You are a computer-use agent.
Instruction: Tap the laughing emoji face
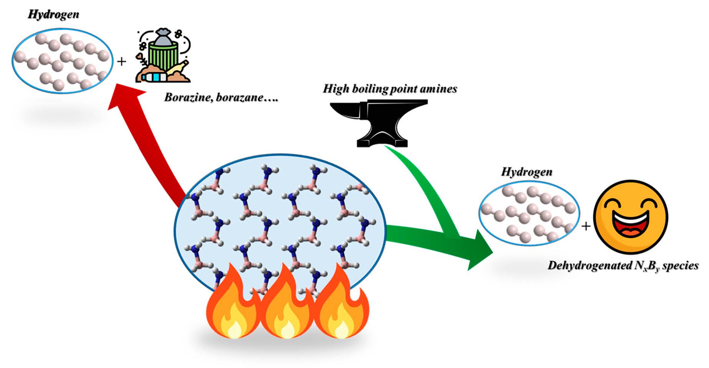[x=630, y=217]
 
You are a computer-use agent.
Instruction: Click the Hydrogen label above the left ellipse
[x=53, y=15]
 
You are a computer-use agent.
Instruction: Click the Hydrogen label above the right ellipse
[x=527, y=172]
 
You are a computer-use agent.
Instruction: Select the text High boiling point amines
[x=390, y=89]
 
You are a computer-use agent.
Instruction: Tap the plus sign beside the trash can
[x=122, y=61]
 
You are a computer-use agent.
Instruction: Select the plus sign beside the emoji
[x=586, y=226]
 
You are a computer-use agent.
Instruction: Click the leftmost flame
[x=233, y=307]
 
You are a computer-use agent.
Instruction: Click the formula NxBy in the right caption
[x=646, y=266]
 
